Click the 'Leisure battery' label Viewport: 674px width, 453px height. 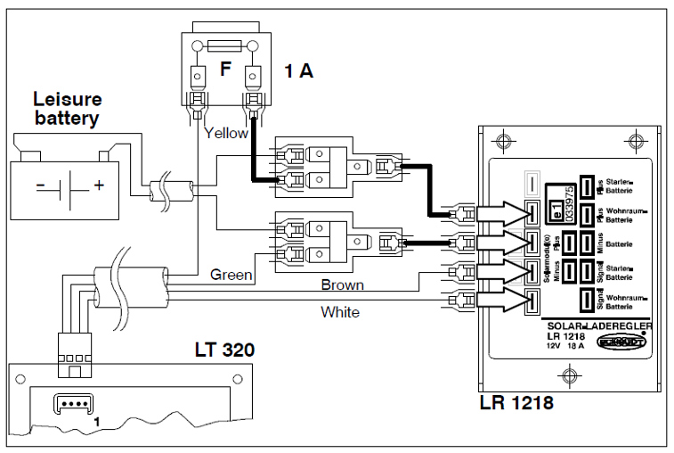point(68,107)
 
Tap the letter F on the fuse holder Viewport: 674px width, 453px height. point(225,69)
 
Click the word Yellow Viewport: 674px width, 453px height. point(226,134)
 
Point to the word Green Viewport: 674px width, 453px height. point(231,275)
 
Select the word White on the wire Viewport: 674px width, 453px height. point(340,312)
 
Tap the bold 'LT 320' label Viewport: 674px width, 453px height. point(224,350)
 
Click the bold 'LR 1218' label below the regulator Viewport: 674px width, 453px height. point(516,402)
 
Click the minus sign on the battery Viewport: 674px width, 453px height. point(40,186)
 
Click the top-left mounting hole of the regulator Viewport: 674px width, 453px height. point(505,141)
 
